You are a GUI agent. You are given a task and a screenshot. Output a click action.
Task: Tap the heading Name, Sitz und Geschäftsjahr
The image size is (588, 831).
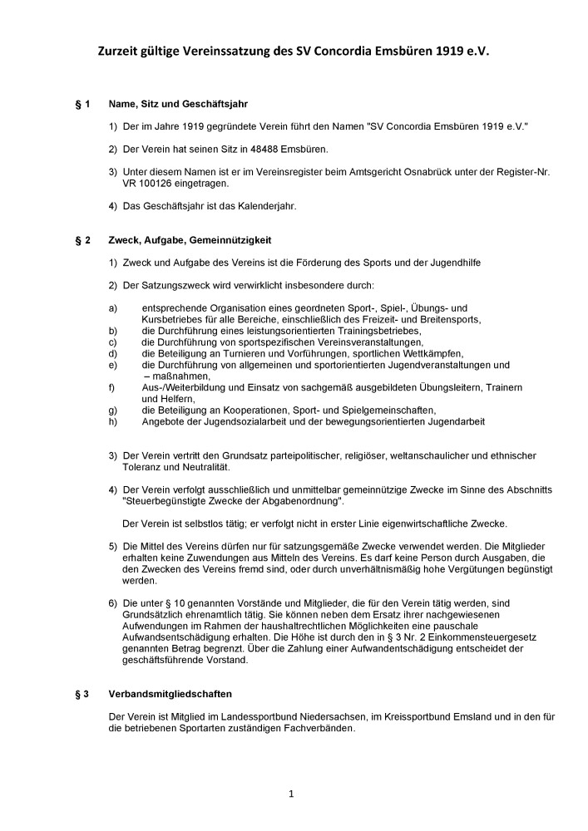click(178, 106)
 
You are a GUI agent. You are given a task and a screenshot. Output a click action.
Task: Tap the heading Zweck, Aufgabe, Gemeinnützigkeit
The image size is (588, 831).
click(190, 241)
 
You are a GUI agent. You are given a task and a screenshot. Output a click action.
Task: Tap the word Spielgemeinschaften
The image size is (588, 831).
click(388, 411)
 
